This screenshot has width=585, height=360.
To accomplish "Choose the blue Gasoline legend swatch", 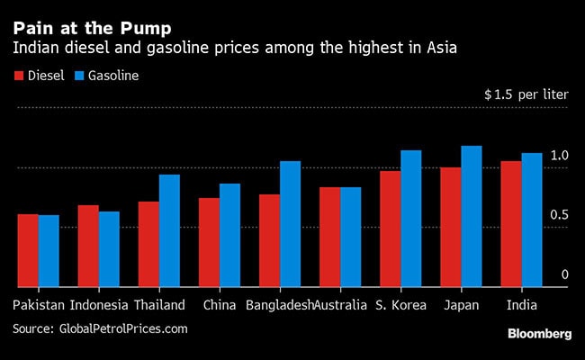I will (78, 76).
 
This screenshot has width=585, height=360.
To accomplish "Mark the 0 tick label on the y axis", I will (564, 274).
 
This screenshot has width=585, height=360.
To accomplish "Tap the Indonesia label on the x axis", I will (99, 305).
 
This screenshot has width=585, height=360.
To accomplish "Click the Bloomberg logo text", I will (539, 334).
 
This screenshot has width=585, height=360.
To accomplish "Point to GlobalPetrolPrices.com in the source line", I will (123, 328).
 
